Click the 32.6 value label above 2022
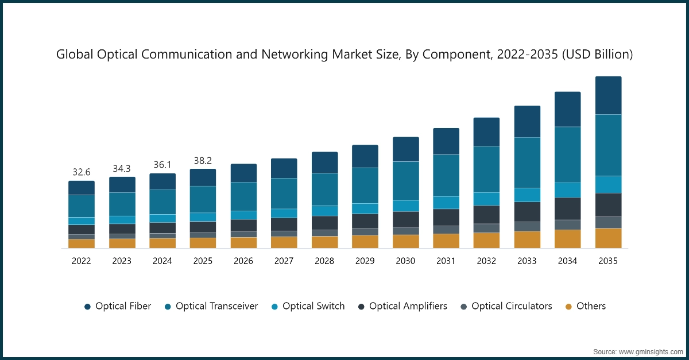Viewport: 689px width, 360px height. (x=82, y=172)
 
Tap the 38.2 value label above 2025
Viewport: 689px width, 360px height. (x=203, y=160)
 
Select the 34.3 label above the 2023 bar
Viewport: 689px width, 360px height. (x=122, y=168)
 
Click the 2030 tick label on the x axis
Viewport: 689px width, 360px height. (x=405, y=261)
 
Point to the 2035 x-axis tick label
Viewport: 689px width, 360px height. (x=608, y=261)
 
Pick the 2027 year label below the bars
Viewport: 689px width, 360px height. (x=284, y=261)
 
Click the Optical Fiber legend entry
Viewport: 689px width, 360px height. (x=123, y=306)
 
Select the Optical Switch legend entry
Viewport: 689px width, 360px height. (x=313, y=306)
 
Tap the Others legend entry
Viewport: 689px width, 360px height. (x=591, y=306)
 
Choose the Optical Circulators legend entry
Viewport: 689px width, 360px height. (x=512, y=306)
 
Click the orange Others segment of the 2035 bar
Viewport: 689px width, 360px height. (x=608, y=238)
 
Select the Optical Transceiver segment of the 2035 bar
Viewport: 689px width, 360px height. (x=608, y=145)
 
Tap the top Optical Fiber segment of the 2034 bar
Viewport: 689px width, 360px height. (x=567, y=109)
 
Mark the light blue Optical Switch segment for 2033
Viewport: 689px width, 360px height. (x=527, y=195)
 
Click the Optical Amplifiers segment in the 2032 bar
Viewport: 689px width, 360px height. (x=486, y=214)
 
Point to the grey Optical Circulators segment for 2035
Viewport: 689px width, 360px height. (x=608, y=222)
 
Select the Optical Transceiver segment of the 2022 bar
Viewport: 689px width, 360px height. (x=82, y=206)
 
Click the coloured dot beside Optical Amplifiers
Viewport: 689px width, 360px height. (x=361, y=307)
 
